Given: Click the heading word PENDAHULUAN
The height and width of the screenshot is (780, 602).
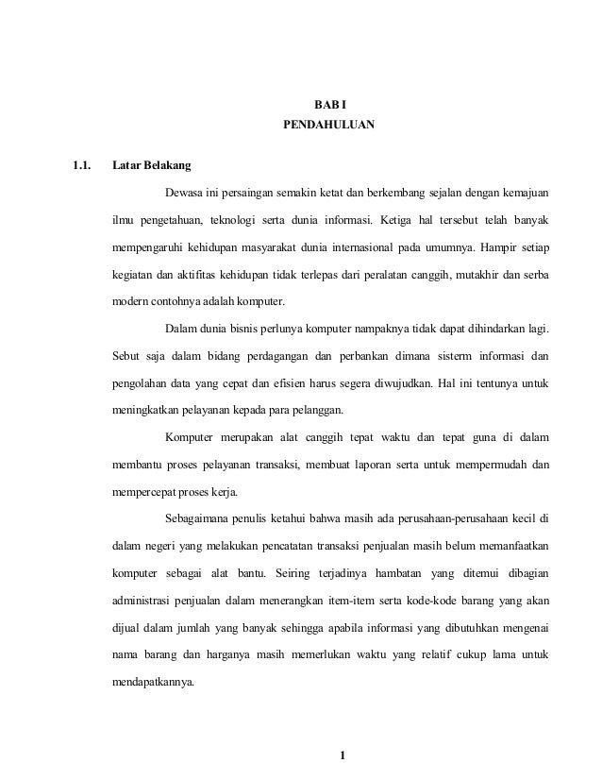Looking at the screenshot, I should point(328,124).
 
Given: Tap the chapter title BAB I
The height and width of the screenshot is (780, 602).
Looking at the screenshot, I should point(328,103).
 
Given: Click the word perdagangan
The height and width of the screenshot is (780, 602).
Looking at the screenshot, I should point(285,358).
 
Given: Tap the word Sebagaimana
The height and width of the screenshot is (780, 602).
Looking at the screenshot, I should point(200,519).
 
